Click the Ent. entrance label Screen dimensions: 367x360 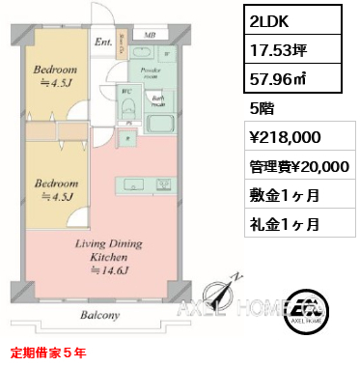[103, 42]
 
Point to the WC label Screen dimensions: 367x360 [127, 93]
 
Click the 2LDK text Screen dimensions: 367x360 [267, 21]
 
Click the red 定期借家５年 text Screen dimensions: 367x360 [48, 354]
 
